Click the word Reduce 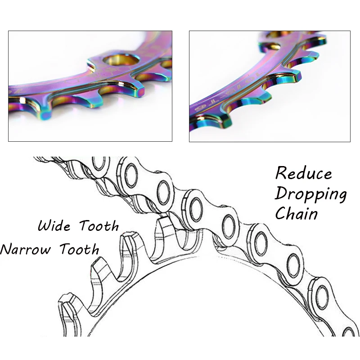(303, 174)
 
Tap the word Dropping (310, 194)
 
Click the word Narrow (25, 248)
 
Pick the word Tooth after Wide (99, 225)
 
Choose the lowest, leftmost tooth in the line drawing (70, 306)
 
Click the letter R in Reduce (282, 174)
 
